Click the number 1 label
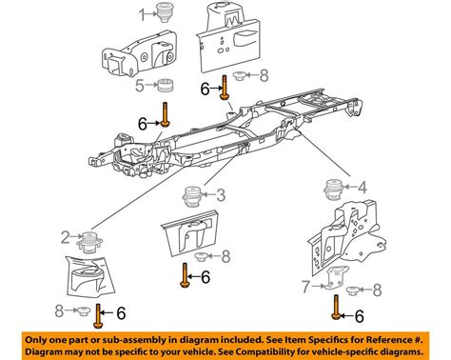143,14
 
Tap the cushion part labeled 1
165,12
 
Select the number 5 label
140,86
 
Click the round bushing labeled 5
167,86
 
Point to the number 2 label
66,237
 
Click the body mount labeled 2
89,243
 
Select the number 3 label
221,194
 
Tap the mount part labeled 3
193,197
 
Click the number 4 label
362,188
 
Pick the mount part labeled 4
333,190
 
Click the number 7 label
305,287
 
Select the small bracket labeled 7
337,278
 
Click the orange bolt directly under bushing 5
165,114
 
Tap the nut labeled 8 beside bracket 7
352,290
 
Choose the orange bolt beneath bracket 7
336,307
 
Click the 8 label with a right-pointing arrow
59,311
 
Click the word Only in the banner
36,340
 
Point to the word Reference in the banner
389,340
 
